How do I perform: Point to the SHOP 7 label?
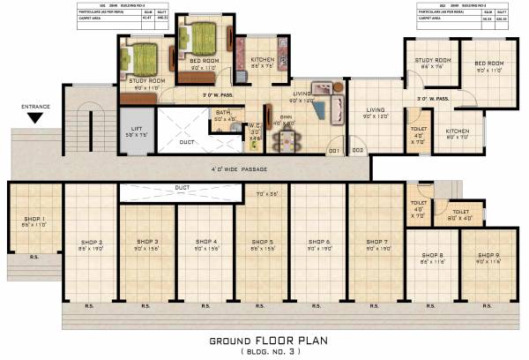pos(374,241)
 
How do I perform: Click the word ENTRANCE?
pos(36,106)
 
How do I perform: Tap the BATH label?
pos(221,113)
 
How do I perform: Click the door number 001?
pos(334,151)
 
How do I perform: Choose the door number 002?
pos(357,151)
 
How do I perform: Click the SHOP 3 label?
pos(147,241)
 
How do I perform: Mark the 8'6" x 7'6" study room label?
pos(433,62)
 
